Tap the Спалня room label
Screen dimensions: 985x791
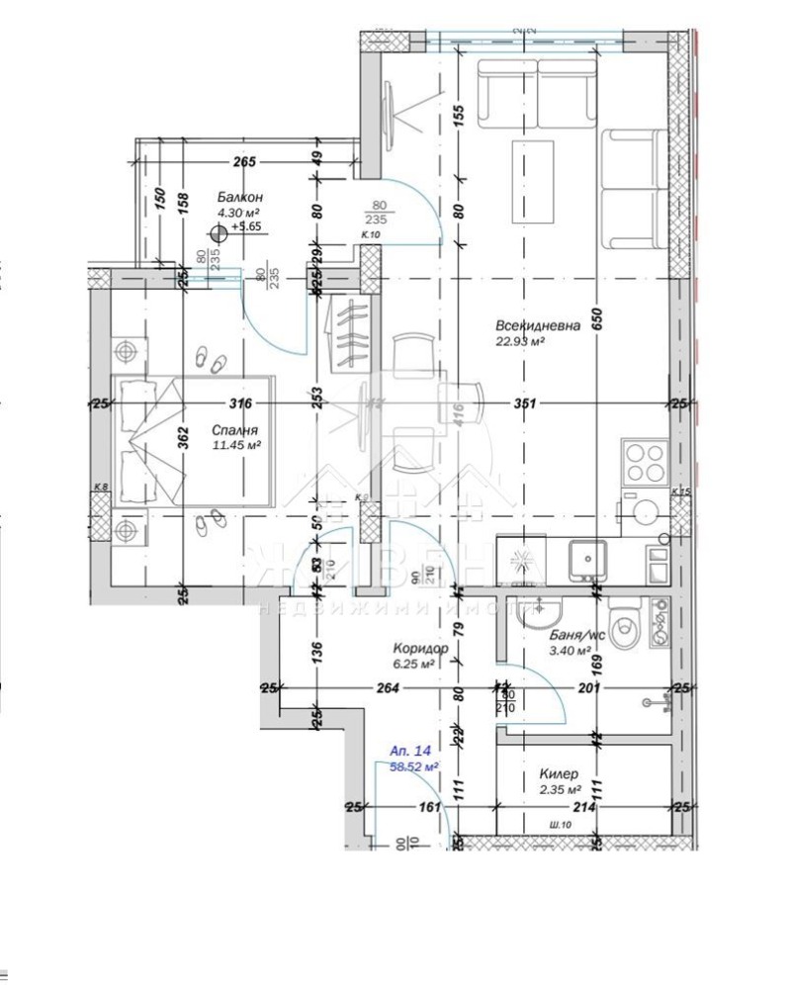235,430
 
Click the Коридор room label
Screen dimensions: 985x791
421,649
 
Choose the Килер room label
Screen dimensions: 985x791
560,774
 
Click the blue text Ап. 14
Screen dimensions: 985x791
410,751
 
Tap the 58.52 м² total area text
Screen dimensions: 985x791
414,765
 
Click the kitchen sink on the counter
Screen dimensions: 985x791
585,561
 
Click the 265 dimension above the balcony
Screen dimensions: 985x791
245,162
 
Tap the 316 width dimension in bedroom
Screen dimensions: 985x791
240,403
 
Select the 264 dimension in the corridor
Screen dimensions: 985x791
387,688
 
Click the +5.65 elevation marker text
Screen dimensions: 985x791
245,226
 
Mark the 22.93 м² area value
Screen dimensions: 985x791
521,342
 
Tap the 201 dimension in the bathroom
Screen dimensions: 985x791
589,688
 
